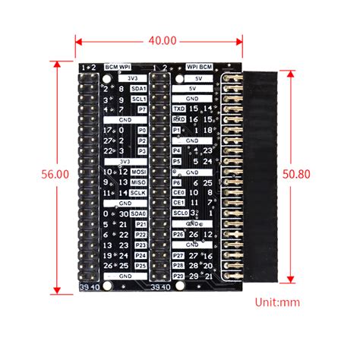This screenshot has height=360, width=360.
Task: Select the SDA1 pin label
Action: (139, 89)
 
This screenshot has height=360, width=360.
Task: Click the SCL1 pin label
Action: (139, 99)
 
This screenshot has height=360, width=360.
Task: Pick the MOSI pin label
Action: (139, 172)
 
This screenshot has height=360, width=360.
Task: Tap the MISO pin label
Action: (139, 182)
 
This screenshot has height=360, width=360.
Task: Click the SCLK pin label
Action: (139, 193)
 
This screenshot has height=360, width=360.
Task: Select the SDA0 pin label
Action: (139, 213)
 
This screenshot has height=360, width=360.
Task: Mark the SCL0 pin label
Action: (178, 213)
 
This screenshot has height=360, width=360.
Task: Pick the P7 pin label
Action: (141, 110)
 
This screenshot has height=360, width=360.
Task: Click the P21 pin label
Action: (140, 224)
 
